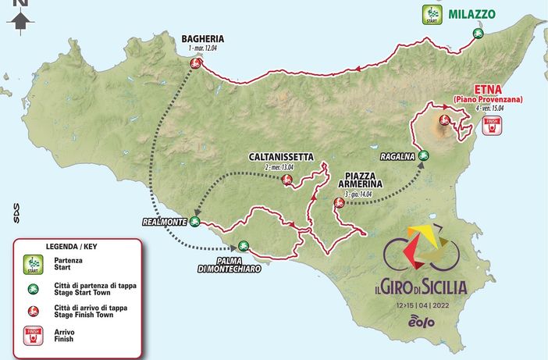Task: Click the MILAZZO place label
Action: click(474, 13)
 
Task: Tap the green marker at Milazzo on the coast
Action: click(478, 33)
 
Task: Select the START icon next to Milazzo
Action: click(431, 13)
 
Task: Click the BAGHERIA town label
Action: click(204, 37)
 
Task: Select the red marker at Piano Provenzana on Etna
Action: click(443, 120)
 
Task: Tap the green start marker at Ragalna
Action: click(422, 155)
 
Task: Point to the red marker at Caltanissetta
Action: click(286, 181)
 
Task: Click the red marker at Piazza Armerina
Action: click(338, 203)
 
